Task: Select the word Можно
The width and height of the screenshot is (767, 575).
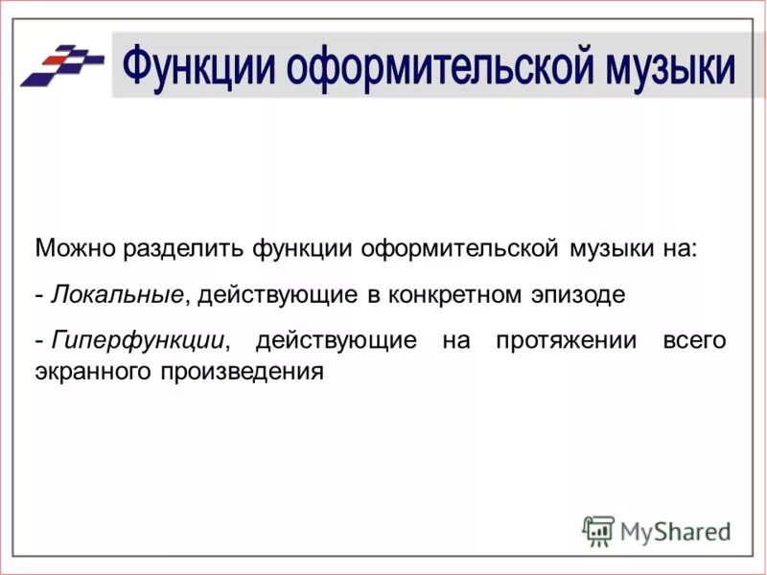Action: coord(76,249)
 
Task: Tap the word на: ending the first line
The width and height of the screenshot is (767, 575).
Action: coord(677,249)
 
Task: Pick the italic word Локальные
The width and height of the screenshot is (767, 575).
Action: coord(116,294)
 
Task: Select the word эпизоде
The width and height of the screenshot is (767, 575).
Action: coord(578,294)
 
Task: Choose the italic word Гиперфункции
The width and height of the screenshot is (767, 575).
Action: coord(138,340)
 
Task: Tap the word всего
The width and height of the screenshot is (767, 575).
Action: coord(694,340)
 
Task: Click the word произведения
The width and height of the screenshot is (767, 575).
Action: coord(247,370)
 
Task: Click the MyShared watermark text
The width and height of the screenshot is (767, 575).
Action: coord(675,530)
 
